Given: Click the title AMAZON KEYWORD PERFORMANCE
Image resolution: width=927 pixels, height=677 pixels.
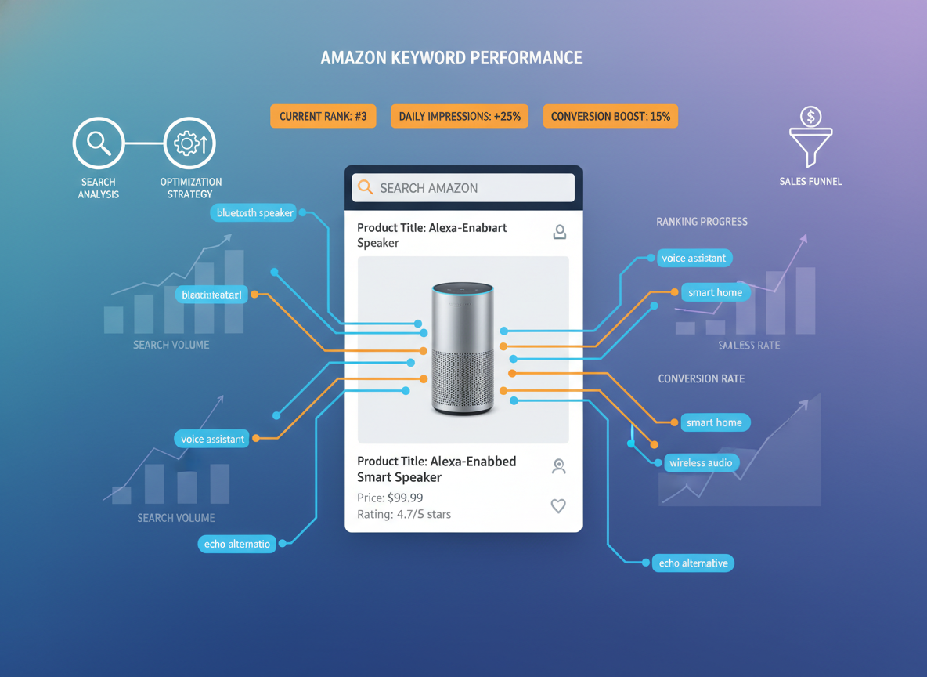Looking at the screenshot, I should (451, 58).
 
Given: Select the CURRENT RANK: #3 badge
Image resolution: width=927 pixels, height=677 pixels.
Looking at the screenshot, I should (323, 116).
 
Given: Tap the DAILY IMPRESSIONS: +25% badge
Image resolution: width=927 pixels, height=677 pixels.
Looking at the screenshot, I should (460, 116).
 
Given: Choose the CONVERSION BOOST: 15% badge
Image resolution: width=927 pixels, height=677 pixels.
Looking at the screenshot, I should (610, 116).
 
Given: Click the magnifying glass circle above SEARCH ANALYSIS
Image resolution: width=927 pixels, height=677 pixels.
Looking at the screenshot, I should (99, 143).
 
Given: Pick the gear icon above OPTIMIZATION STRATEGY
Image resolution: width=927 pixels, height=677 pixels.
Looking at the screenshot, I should (189, 143).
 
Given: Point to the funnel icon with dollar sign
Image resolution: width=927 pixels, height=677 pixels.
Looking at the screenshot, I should (810, 138).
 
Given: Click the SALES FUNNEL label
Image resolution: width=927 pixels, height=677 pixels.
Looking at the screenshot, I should (810, 182).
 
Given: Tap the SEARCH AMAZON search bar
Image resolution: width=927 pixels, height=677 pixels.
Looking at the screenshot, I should (463, 188).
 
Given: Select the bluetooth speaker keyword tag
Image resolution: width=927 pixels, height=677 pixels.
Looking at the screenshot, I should (254, 212).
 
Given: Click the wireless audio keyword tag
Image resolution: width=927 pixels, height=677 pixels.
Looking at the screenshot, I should (701, 463).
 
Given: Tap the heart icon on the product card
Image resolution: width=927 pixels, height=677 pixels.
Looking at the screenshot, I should (558, 506).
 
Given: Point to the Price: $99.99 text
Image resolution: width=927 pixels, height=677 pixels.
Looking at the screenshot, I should (390, 498).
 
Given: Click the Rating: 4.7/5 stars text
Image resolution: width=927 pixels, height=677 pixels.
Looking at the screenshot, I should (403, 515).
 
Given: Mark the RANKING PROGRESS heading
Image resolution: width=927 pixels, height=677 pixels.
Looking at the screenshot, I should (702, 222).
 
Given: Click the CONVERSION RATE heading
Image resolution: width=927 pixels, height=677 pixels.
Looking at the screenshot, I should (701, 378).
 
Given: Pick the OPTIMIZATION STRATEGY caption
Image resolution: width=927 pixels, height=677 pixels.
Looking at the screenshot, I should (190, 188).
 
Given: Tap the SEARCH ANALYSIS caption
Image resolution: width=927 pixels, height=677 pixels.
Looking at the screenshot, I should (99, 188).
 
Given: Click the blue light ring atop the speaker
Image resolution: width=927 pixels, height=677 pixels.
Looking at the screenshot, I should (463, 290).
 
